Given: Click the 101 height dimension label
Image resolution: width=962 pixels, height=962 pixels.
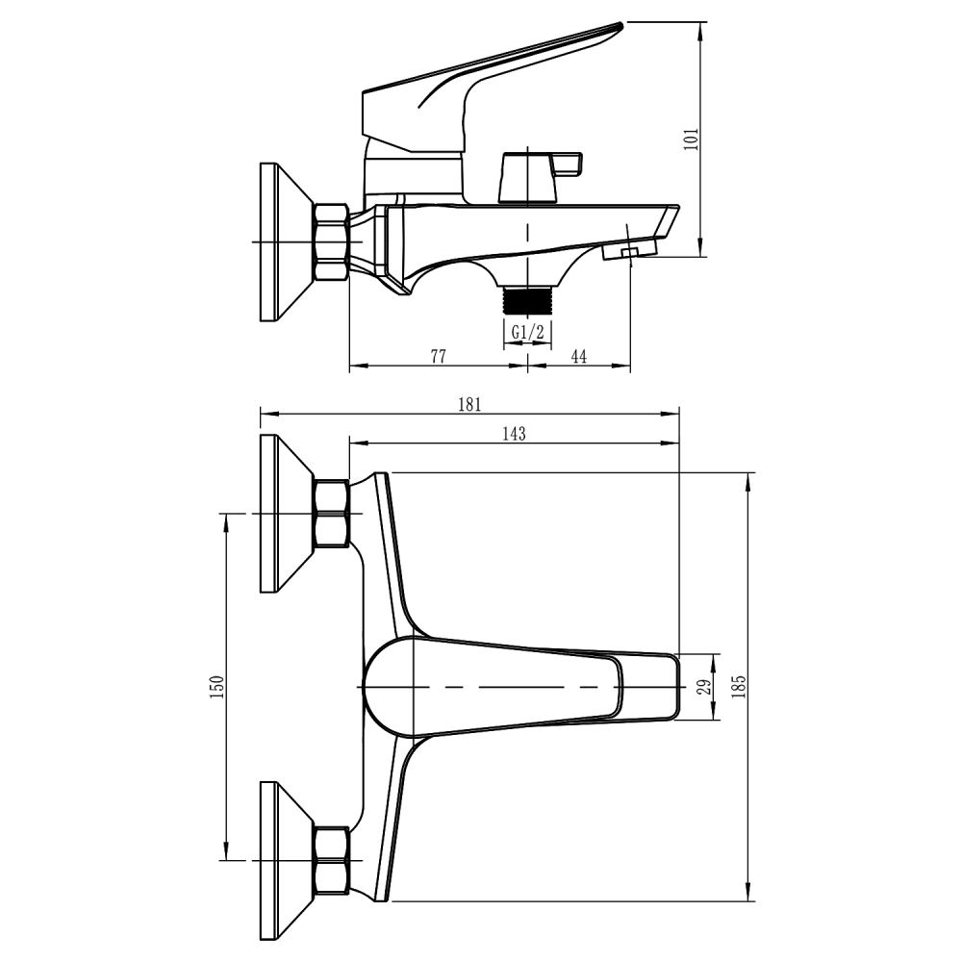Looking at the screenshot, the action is click(x=692, y=139).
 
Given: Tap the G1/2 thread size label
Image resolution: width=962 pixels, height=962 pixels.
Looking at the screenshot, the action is click(x=527, y=333).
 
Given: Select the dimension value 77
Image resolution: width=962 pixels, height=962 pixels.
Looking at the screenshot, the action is click(x=438, y=356).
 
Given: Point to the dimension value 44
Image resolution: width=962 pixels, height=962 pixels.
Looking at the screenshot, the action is click(x=579, y=356).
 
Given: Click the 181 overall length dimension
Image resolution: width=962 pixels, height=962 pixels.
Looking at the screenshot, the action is click(x=470, y=405).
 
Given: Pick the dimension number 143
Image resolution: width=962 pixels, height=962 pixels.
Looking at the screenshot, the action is click(x=514, y=434).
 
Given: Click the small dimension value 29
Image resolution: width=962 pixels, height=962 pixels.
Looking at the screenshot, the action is click(x=706, y=687).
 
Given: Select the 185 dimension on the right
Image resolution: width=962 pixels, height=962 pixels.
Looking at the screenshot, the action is click(x=739, y=687).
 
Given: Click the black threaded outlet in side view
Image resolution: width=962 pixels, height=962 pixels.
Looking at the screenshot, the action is click(x=527, y=302).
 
